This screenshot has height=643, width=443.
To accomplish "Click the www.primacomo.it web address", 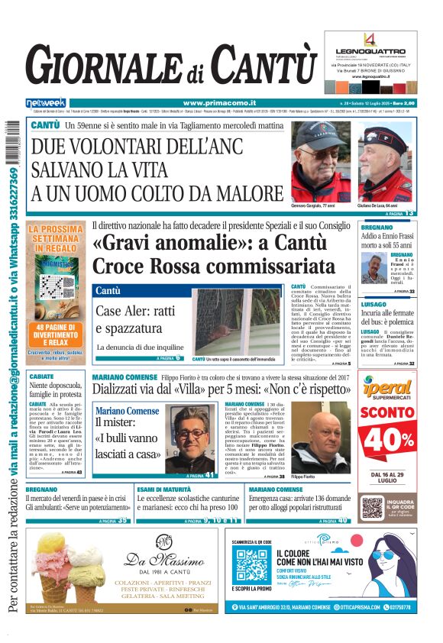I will [x=209, y=103].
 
